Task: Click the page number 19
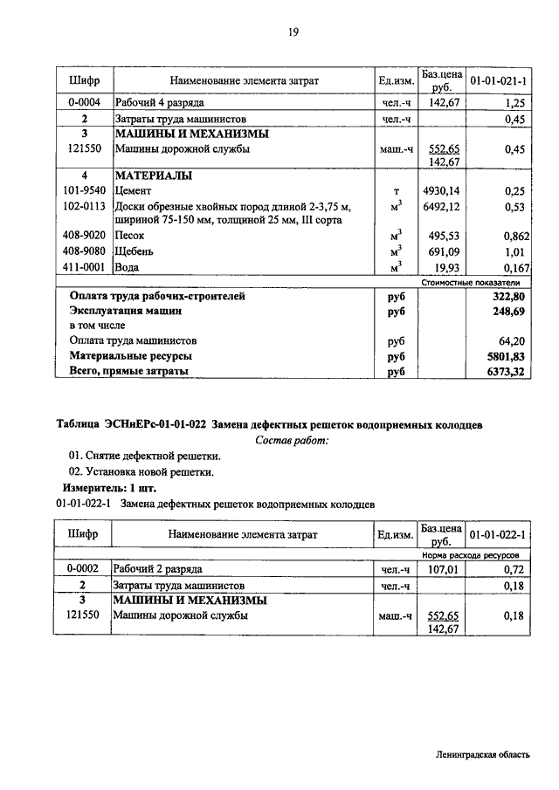293,32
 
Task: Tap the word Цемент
134,190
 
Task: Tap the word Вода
128,267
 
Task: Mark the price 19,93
446,267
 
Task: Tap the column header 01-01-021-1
499,80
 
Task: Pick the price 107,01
441,568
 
